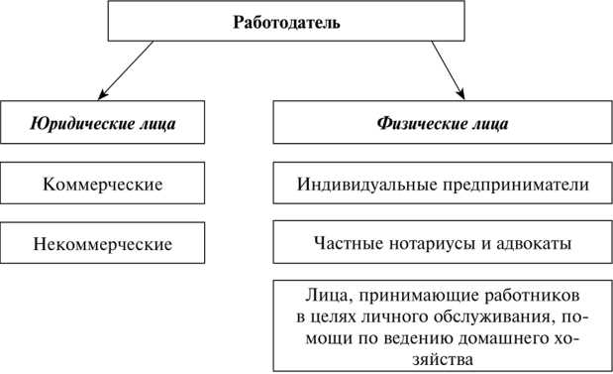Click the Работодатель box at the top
[x=286, y=22]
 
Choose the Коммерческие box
[x=103, y=185]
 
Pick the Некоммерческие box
[x=103, y=243]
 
